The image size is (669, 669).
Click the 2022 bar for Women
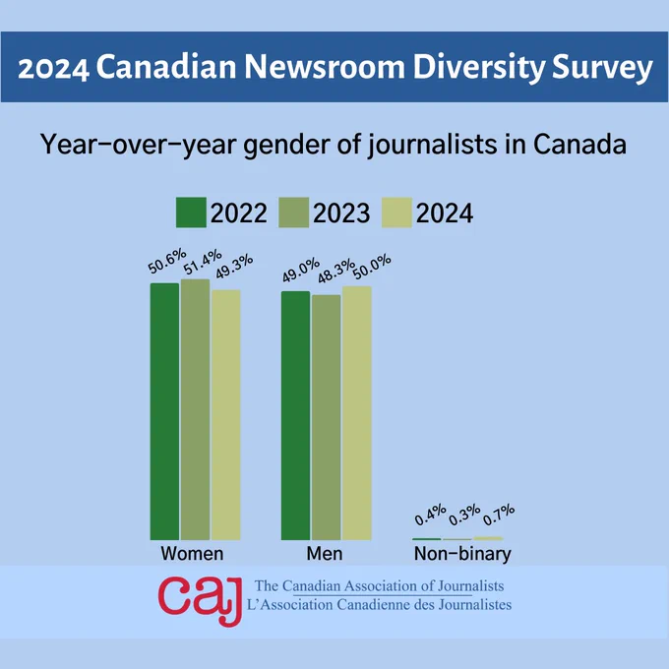[x=164, y=411]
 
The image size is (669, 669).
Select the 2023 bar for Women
[x=195, y=409]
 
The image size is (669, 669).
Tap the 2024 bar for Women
[x=225, y=415]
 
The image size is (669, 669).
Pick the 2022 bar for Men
[x=296, y=415]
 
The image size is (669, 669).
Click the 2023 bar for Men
[x=327, y=417]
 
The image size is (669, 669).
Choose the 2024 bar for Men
[x=357, y=413]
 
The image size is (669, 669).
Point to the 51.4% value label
[x=203, y=262]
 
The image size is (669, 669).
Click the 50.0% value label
[x=372, y=267]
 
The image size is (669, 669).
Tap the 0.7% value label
[x=499, y=515]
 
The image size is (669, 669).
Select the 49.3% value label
[x=234, y=267]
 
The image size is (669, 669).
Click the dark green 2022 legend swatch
[x=191, y=213]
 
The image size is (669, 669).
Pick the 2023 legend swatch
[x=293, y=213]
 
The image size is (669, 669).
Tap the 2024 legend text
[x=444, y=213]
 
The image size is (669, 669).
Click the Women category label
[x=192, y=554]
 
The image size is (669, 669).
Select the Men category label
[x=325, y=554]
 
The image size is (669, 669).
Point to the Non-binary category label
[x=462, y=554]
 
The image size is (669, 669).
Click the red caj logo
[x=200, y=600]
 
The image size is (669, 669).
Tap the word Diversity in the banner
[x=479, y=68]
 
